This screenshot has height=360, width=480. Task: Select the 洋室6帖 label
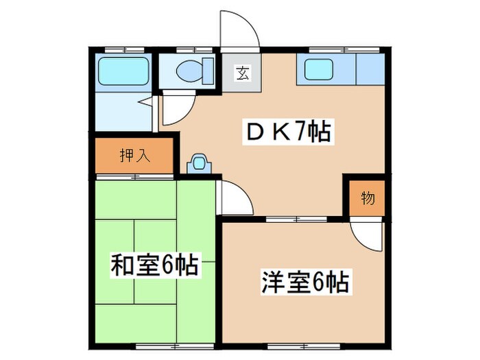click(x=304, y=281)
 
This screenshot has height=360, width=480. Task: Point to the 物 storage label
click(x=368, y=199)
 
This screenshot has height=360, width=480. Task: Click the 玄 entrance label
click(x=242, y=71)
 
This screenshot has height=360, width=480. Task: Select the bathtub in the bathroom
click(x=124, y=71)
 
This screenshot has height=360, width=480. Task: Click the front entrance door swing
click(x=240, y=31)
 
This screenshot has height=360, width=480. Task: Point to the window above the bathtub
click(x=124, y=49)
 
